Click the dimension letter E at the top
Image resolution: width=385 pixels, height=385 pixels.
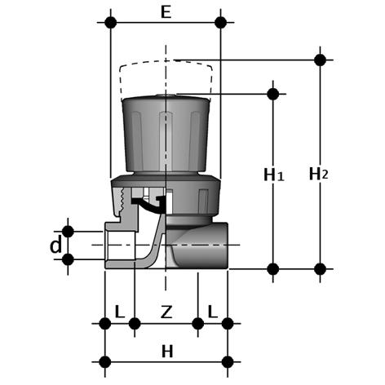point(166,12)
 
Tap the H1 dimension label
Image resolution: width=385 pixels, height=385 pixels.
point(274,175)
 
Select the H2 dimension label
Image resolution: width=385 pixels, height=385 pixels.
point(318,174)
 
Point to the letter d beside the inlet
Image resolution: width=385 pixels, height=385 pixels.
point(56,246)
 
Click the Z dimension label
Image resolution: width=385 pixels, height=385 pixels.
point(166,312)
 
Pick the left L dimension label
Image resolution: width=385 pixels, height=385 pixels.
point(120,312)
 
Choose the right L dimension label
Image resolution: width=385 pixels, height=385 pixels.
point(213,312)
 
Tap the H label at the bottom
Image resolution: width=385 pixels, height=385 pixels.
point(167,352)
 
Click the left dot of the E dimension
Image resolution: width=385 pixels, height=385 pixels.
point(110,22)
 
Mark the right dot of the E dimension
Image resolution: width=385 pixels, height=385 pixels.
point(220,22)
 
